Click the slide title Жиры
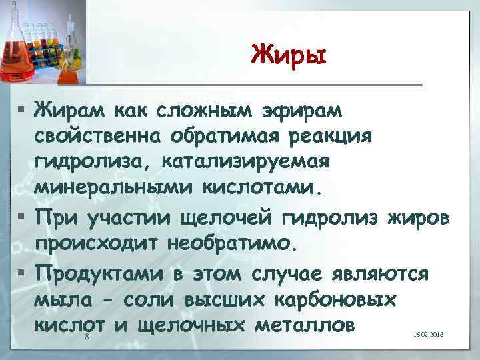click(x=289, y=54)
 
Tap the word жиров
click(x=419, y=217)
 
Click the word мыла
click(x=61, y=299)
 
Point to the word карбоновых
click(x=336, y=299)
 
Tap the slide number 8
click(x=87, y=339)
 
